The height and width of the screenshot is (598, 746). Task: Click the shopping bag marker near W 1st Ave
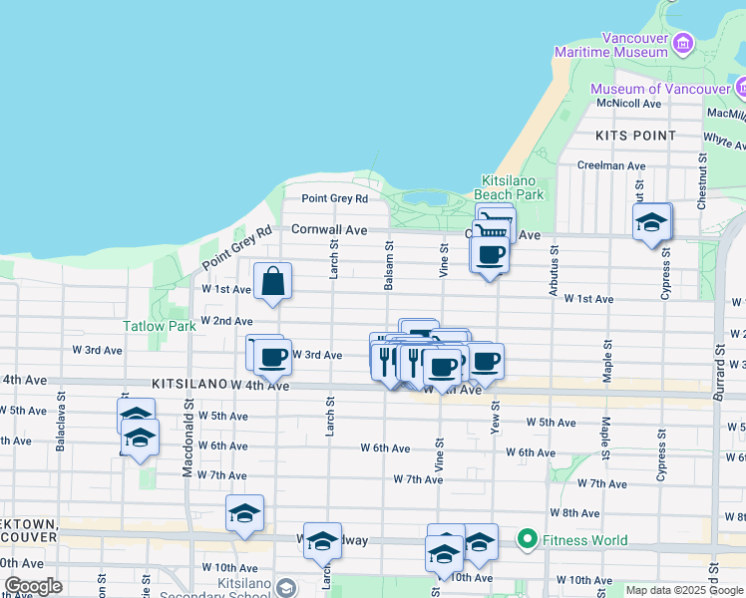[272, 282]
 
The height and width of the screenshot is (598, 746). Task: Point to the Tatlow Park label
[160, 326]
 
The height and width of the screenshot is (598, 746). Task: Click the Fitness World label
[586, 540]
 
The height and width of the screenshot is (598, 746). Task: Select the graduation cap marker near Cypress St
[651, 222]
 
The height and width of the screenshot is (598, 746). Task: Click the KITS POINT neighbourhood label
[635, 136]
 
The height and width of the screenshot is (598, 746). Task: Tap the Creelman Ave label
[611, 165]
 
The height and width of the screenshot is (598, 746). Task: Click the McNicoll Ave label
[628, 103]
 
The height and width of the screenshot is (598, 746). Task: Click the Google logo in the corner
[33, 585]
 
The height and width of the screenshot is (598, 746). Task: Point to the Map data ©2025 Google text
[684, 590]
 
